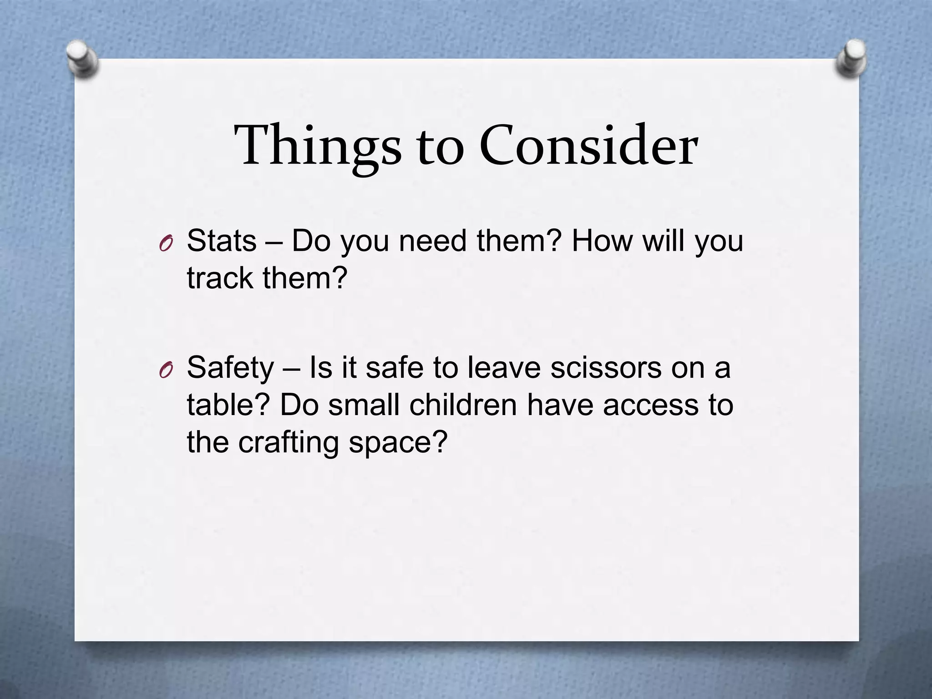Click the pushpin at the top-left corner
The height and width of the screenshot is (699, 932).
tap(82, 58)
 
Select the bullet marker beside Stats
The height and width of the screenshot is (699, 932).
tap(166, 244)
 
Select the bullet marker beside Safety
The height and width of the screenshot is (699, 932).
tap(166, 371)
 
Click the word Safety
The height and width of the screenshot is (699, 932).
tap(230, 368)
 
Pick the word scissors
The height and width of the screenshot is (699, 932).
tap(606, 368)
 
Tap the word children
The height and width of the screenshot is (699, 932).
tap(463, 405)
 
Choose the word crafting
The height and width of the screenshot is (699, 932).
tap(289, 442)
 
